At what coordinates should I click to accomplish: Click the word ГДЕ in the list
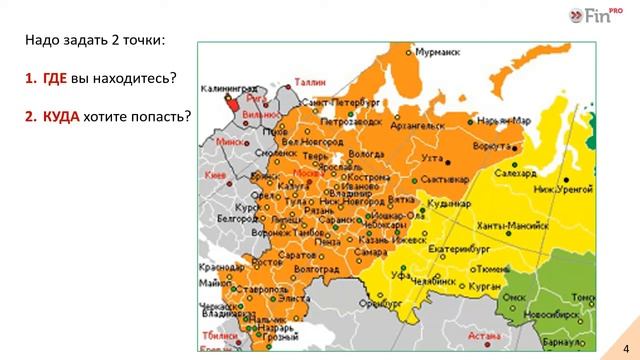pos(54,78)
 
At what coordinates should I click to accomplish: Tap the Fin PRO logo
pos(595,16)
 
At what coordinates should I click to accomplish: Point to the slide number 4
pos(624,346)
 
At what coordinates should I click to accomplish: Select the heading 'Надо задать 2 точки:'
pos(95,40)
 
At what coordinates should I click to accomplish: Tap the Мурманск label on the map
pos(437,50)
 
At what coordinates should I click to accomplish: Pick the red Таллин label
pos(310,82)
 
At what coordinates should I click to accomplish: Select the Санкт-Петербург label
pos(340,103)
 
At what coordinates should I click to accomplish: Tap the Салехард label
pos(515,172)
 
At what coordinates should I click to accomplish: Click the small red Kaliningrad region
pos(231,102)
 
